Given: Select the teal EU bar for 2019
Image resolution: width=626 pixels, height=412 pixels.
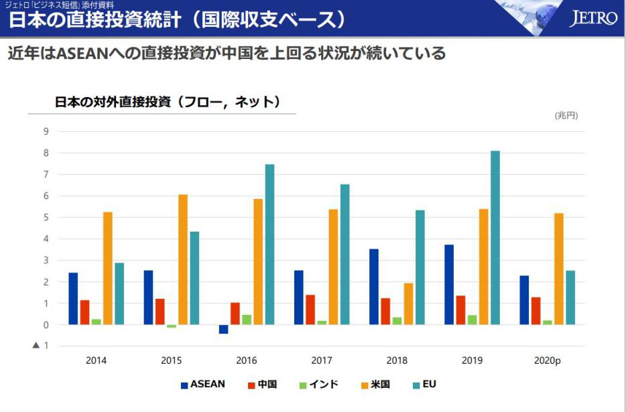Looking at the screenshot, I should click(x=495, y=238).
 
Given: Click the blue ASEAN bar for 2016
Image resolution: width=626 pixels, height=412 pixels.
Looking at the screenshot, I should click(x=223, y=329).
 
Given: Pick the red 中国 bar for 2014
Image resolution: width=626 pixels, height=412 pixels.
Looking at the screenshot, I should click(x=84, y=312).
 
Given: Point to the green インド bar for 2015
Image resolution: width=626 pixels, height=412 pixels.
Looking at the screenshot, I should click(x=172, y=326).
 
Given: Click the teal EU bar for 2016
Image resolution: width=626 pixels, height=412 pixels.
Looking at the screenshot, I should click(x=269, y=245).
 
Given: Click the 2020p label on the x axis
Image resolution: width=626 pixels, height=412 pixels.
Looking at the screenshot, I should click(x=547, y=360).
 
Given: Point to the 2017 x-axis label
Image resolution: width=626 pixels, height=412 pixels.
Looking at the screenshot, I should click(x=322, y=360).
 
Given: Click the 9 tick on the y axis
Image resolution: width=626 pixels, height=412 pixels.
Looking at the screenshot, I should click(x=46, y=131).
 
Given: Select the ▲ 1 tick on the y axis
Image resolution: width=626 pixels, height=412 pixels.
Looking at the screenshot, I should click(x=41, y=346).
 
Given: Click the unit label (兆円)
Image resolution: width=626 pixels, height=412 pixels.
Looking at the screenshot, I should click(x=566, y=115).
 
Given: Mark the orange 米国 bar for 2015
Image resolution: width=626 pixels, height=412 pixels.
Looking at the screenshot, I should click(x=183, y=259).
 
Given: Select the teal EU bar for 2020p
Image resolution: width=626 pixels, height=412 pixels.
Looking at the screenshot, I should click(x=570, y=297).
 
